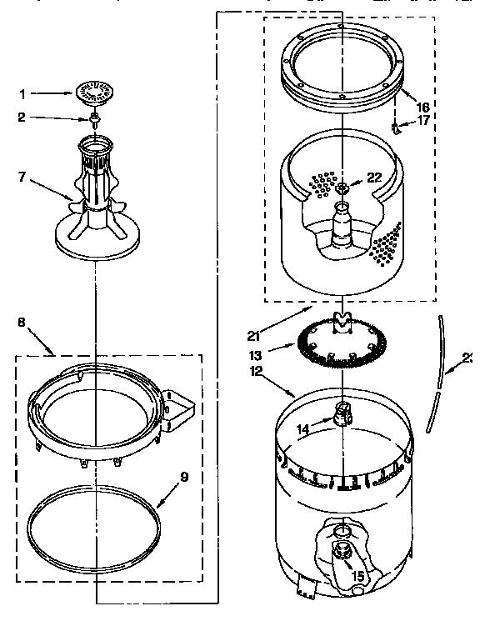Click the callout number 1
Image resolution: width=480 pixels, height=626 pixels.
(24, 94)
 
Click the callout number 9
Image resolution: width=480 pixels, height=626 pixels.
(185, 478)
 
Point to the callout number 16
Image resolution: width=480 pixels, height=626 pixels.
(423, 107)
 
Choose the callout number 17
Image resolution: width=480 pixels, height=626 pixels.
(423, 121)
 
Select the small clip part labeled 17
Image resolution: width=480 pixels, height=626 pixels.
(397, 126)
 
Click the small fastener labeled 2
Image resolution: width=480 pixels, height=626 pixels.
(97, 119)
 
